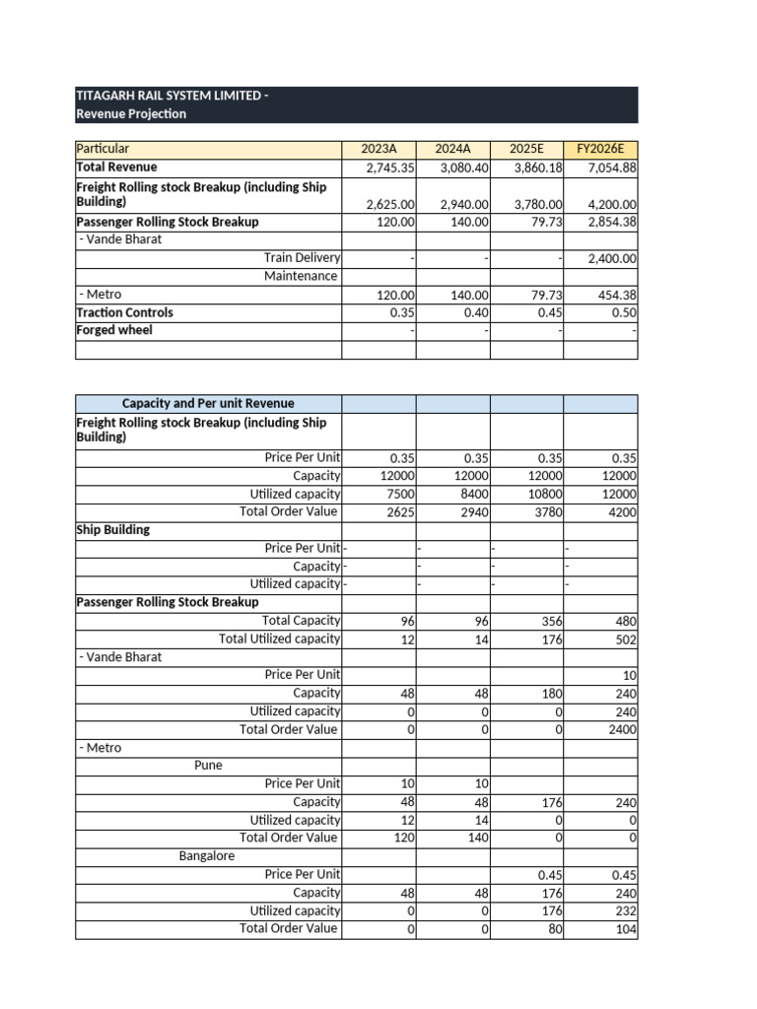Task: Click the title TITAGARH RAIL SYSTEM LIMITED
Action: click(169, 96)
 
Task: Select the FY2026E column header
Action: click(599, 149)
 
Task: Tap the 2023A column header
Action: click(378, 149)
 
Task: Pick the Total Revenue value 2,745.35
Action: click(391, 168)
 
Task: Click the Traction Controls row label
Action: click(124, 312)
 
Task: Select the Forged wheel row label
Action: click(114, 330)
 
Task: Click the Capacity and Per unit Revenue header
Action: click(208, 403)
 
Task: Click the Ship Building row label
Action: click(113, 529)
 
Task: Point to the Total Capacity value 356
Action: click(550, 621)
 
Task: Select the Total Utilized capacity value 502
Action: click(625, 639)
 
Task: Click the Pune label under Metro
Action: click(208, 766)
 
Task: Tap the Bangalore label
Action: click(207, 855)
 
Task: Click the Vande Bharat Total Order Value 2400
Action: click(621, 730)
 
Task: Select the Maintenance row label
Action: click(301, 276)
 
